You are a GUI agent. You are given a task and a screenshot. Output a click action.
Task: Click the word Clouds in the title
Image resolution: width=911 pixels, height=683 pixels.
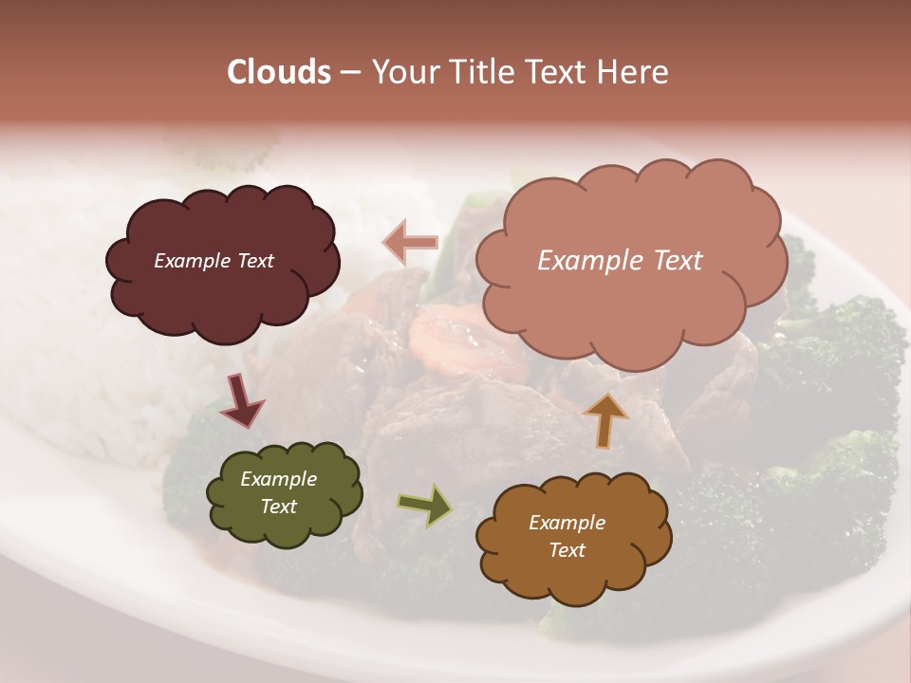coord(278,72)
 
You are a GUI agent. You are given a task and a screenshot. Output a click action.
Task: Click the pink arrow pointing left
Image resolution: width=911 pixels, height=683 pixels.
coord(411,243)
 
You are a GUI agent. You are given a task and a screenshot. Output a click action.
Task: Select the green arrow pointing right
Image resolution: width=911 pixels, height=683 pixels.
coord(425,506)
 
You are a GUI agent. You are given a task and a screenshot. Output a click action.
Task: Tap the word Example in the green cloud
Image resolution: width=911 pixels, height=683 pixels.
coord(278,479)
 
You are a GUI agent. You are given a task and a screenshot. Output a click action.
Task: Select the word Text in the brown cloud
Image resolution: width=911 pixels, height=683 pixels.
coord(567,550)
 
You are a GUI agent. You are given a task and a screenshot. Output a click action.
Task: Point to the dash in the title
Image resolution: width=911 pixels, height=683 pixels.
coord(349,72)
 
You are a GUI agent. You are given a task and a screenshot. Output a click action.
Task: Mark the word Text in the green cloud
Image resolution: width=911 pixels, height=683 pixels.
coord(278,507)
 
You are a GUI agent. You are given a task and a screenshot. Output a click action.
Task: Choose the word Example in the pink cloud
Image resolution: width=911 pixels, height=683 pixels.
coord(587,261)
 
